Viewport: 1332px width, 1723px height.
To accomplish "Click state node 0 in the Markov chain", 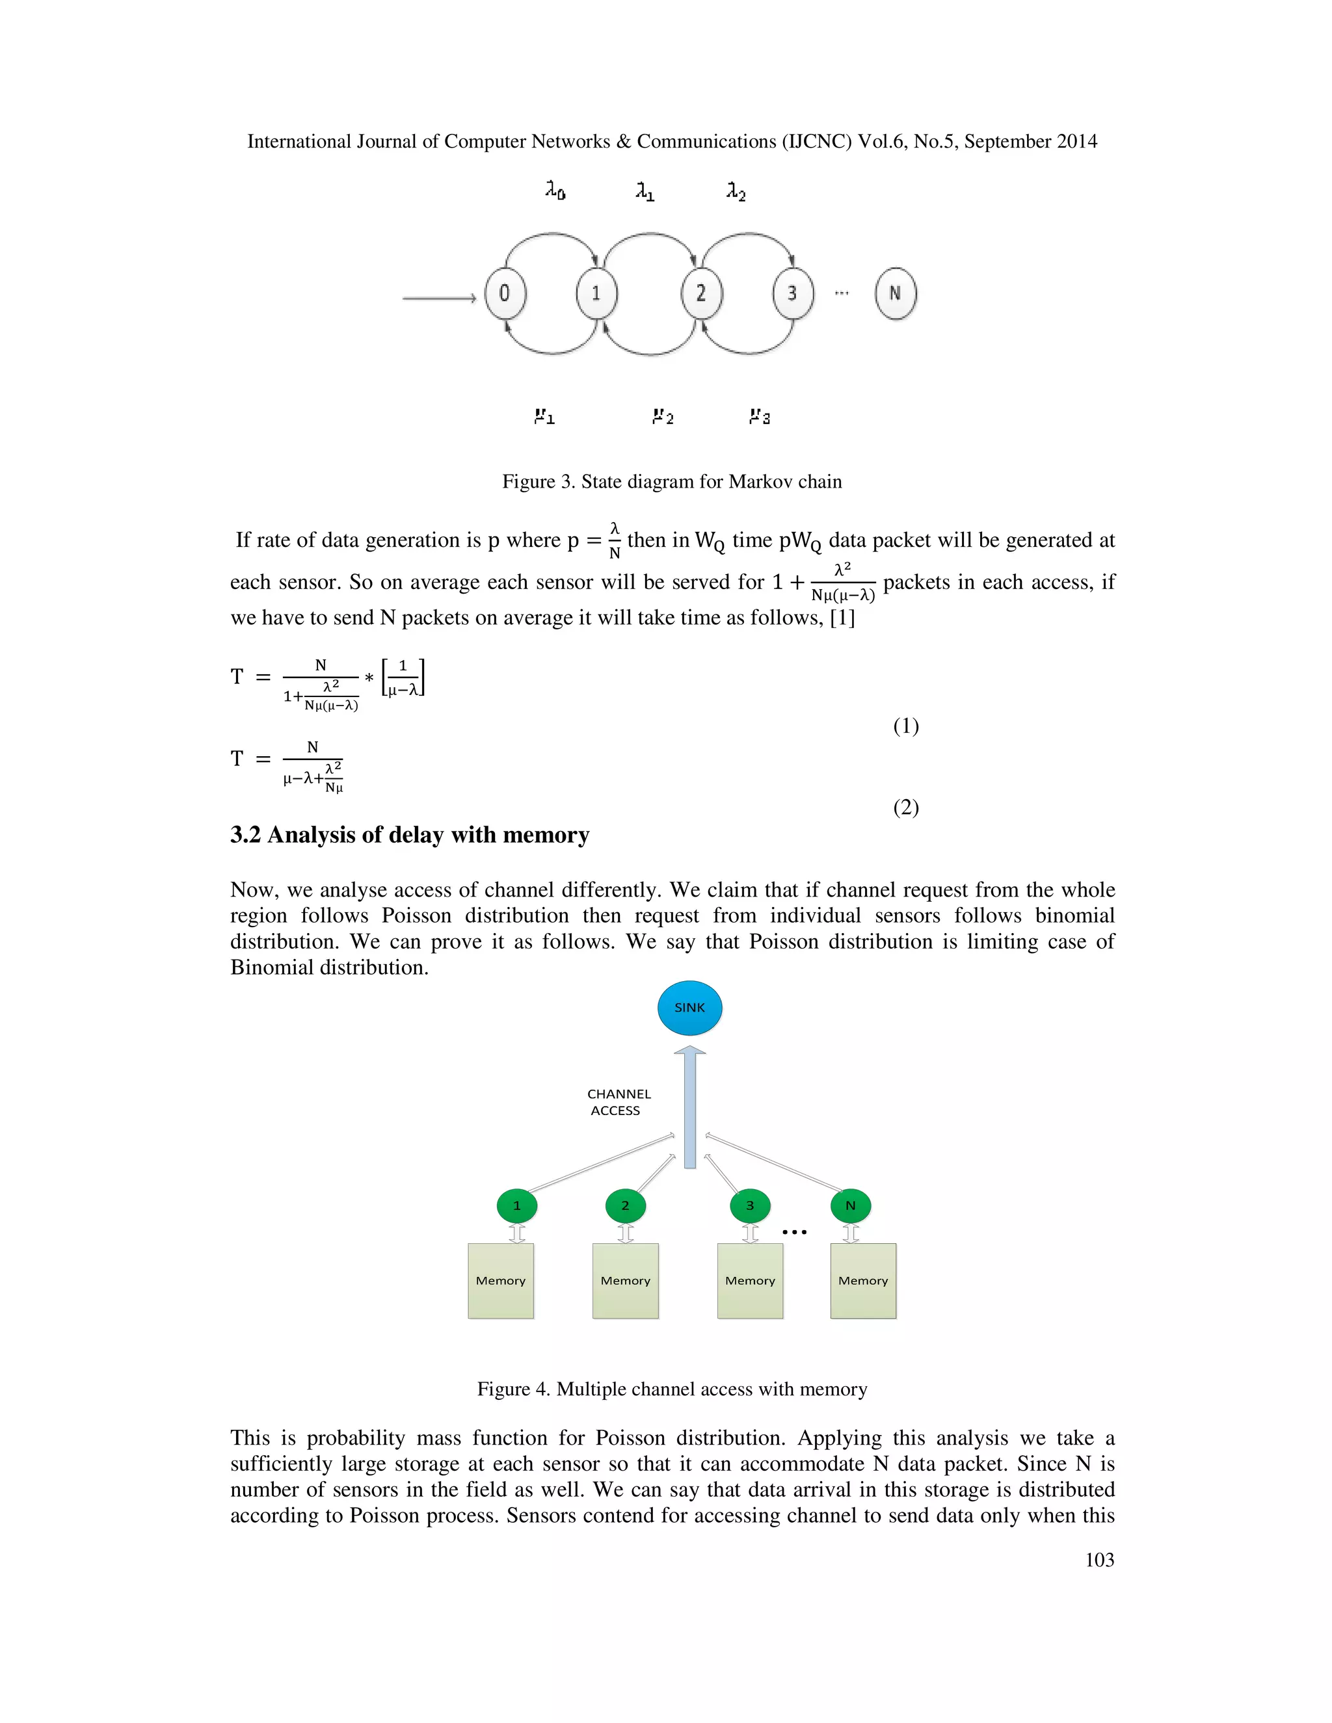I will point(505,293).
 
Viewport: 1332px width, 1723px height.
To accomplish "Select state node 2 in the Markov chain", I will point(700,293).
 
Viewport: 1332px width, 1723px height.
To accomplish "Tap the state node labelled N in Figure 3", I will point(895,293).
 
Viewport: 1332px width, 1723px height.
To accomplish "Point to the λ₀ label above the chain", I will point(555,190).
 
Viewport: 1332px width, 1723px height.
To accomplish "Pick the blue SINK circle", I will point(689,1007).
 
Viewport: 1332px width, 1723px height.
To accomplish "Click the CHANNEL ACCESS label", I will point(618,1101).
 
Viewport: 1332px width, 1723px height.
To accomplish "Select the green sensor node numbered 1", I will point(517,1205).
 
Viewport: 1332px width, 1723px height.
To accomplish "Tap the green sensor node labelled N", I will point(851,1205).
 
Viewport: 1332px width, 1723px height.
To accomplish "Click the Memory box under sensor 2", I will point(625,1280).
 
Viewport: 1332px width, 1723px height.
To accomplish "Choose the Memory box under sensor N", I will point(862,1280).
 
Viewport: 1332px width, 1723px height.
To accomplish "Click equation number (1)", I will point(906,726).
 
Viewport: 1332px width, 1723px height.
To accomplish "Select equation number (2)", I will point(906,807).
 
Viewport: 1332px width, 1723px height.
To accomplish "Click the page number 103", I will point(1099,1560).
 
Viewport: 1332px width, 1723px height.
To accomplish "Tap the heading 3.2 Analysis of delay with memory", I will point(410,835).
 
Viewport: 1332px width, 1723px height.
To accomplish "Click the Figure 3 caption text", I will point(671,481).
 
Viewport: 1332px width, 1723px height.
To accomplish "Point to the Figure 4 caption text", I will point(671,1389).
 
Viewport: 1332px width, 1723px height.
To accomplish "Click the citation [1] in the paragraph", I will point(842,617).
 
